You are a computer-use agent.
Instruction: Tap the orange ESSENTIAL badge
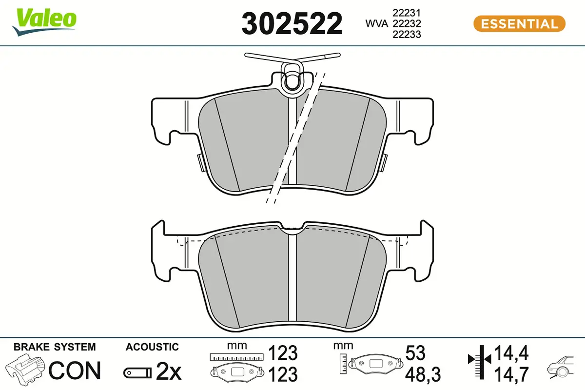[519, 23]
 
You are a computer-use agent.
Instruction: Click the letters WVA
[375, 23]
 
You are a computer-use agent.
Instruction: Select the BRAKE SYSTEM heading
[55, 347]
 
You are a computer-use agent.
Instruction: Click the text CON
[75, 370]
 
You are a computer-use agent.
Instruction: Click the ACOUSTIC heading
[152, 347]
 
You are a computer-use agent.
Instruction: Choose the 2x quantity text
[168, 372]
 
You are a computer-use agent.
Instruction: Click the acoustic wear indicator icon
[138, 373]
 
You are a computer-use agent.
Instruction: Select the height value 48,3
[422, 374]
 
